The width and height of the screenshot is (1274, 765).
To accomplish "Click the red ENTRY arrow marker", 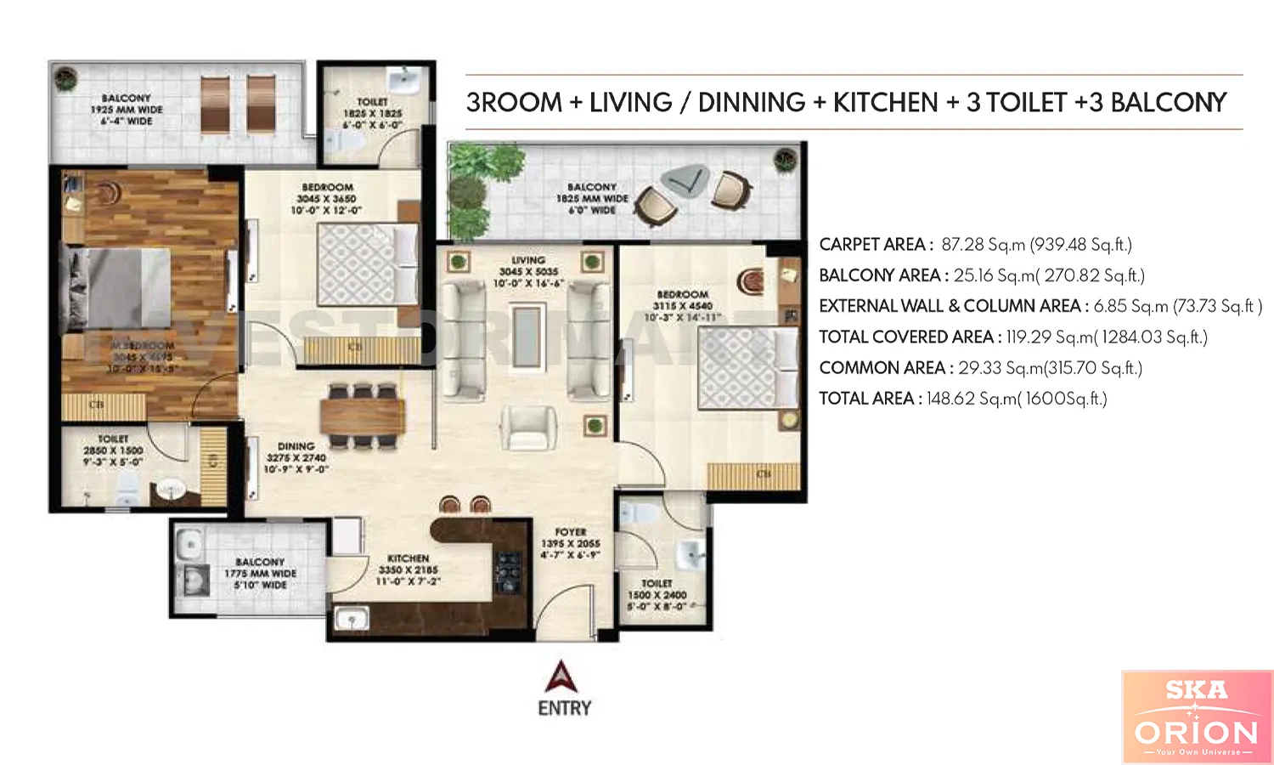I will click(x=561, y=677).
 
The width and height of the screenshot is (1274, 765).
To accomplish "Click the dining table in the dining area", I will click(x=363, y=416).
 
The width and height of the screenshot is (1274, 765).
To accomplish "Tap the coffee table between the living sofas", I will click(x=527, y=337).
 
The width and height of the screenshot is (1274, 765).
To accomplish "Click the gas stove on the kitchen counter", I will click(x=508, y=572).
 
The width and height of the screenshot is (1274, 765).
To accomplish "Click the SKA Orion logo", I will click(x=1197, y=717).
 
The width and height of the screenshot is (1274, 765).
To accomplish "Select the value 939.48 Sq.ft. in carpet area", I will click(x=1080, y=245).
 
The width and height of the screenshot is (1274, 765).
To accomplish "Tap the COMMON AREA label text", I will click(x=882, y=368).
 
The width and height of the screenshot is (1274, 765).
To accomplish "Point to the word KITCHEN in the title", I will click(x=885, y=103).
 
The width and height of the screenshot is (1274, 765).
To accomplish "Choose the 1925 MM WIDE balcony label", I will click(x=127, y=110).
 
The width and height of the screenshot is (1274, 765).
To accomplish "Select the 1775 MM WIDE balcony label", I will click(x=260, y=574).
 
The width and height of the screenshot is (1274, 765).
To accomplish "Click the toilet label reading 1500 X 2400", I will click(x=657, y=595).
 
